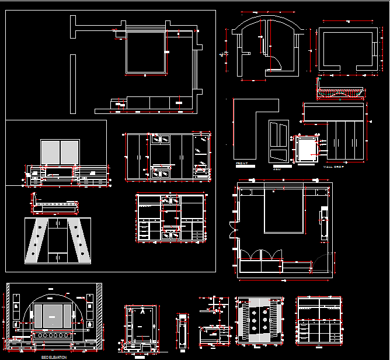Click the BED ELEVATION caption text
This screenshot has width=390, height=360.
pyautogui.click(x=53, y=356)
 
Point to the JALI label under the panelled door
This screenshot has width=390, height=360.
pyautogui.click(x=277, y=167)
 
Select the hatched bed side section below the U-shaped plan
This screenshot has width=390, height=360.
pyautogui.click(x=340, y=92)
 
